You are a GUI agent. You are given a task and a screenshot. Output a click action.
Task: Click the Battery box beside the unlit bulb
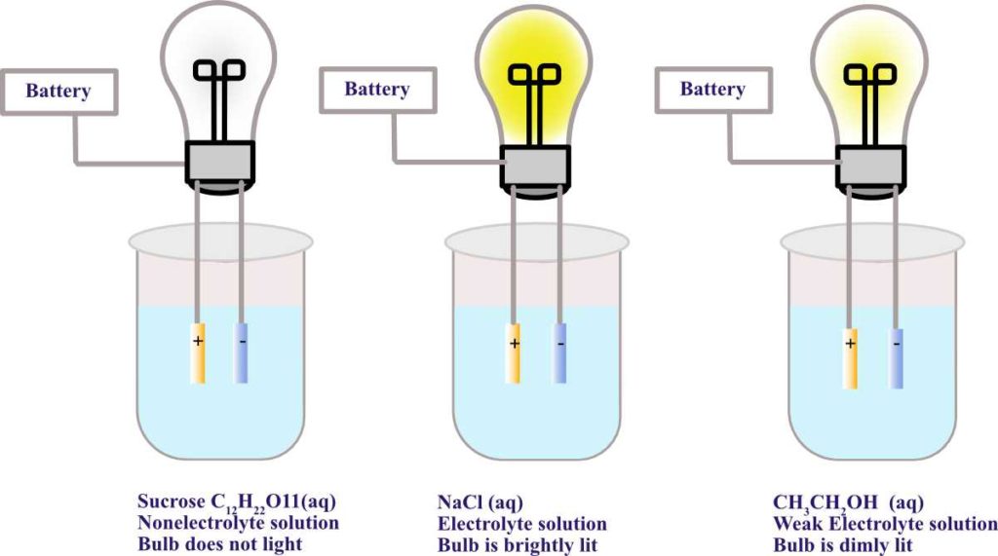[58, 92]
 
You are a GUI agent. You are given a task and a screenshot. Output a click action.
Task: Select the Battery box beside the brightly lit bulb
[376, 90]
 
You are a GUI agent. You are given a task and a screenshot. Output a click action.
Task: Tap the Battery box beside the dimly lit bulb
[712, 90]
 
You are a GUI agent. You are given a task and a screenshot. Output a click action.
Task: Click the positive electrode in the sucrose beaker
[198, 352]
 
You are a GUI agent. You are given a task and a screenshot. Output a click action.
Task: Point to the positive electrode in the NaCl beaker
[515, 352]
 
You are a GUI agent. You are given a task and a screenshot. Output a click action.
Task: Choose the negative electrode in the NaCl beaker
[559, 352]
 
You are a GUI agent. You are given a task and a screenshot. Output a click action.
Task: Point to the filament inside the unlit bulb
[219, 73]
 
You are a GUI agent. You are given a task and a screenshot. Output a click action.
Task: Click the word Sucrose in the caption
[170, 502]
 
